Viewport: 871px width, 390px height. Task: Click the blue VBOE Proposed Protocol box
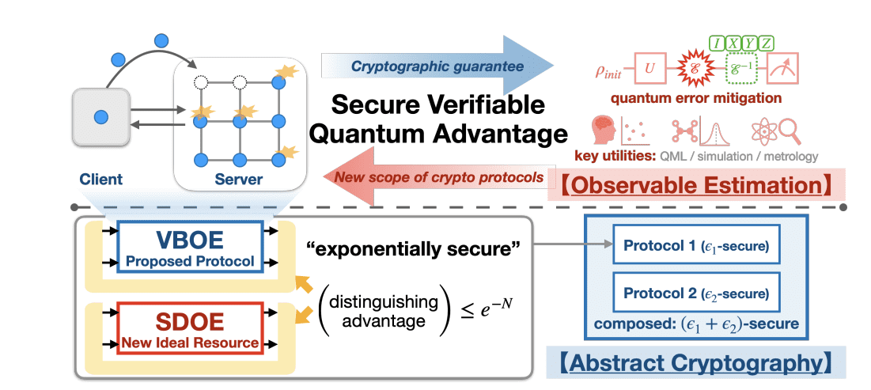189,247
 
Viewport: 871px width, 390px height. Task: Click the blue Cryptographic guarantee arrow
439,66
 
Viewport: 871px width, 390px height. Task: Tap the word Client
100,180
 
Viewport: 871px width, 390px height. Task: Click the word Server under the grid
238,180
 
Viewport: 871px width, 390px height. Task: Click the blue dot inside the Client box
100,117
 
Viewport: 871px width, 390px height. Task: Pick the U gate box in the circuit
649,70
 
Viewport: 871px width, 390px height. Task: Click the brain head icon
605,131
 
